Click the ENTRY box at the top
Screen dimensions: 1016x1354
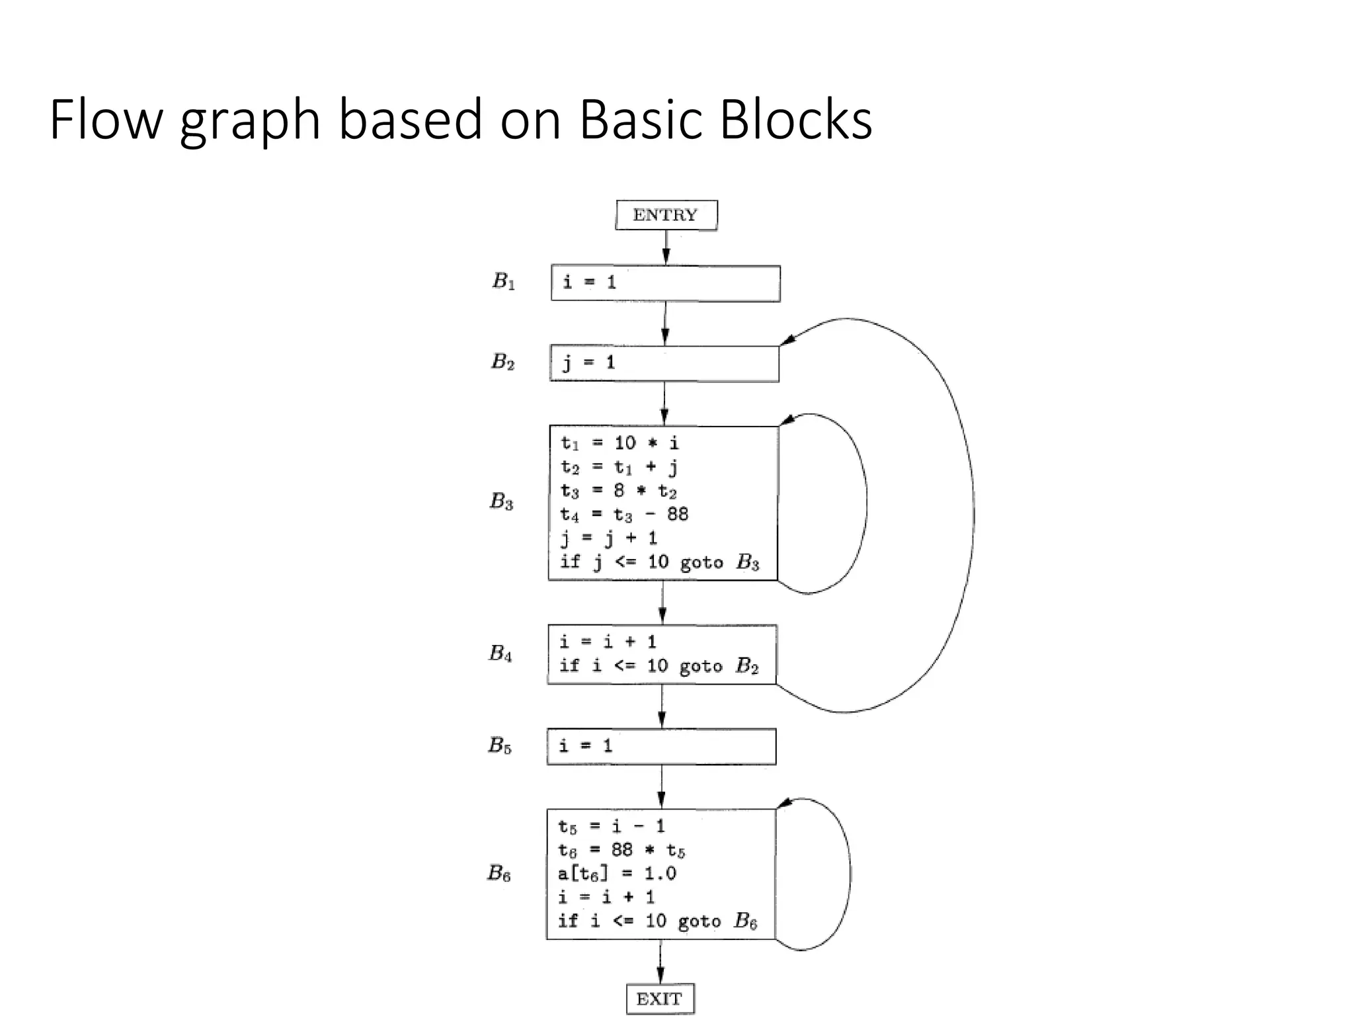666,215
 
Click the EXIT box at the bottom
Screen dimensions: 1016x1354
660,998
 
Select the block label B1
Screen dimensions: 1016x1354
503,282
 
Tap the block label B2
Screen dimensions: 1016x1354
502,362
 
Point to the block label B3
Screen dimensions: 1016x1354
501,501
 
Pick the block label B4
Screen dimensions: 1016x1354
500,654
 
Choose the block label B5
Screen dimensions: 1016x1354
500,745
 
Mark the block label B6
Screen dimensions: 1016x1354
499,873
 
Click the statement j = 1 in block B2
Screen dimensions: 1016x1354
588,362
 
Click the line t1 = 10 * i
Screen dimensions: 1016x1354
619,443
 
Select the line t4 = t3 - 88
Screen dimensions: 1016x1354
624,514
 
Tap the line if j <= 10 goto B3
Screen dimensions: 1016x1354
659,562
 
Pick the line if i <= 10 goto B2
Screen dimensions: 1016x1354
658,665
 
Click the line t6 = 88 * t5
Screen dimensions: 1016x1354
621,850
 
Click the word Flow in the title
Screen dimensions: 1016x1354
106,120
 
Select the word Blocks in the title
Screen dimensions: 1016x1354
795,120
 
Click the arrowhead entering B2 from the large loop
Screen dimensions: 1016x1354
787,340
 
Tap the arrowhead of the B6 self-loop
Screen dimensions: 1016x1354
783,804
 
